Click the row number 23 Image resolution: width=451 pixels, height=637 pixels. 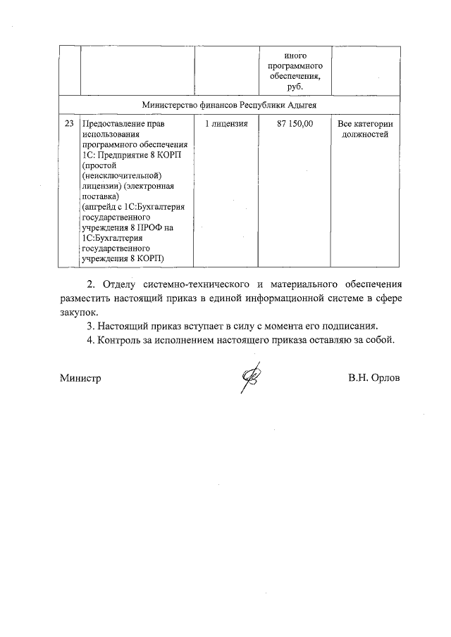click(68, 124)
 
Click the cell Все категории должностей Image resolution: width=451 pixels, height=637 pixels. click(364, 129)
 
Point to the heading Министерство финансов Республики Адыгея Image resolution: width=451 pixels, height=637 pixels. click(229, 104)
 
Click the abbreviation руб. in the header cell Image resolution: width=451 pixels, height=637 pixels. click(295, 86)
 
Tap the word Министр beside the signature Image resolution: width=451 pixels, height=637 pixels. click(80, 378)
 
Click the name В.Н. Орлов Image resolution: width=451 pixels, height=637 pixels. click(373, 378)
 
